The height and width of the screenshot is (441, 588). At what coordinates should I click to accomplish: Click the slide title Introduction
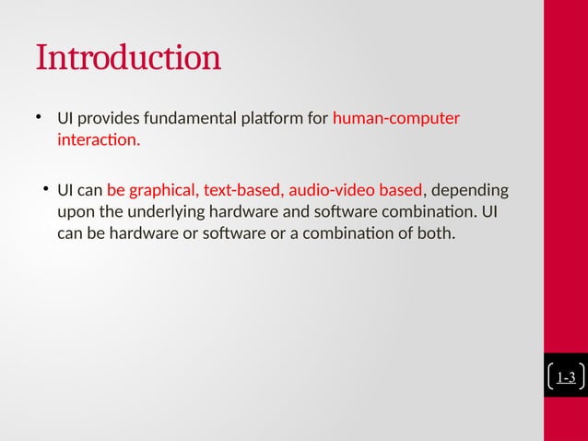pos(128,57)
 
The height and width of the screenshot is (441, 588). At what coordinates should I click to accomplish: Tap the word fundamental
pos(183,119)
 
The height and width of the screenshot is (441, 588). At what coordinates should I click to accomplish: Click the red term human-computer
pos(395,119)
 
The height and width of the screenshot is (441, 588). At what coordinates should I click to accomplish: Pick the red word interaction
pos(99,141)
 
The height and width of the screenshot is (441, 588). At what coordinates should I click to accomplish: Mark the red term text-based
pos(243,191)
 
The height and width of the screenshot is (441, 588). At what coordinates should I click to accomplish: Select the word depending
pos(469,191)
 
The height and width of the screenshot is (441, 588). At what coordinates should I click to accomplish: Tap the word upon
pos(75,212)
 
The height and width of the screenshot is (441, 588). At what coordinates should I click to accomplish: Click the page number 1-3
pos(566,377)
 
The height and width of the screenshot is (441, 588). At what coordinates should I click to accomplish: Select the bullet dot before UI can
pos(44,190)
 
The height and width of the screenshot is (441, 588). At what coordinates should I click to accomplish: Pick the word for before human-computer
pos(316,119)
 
